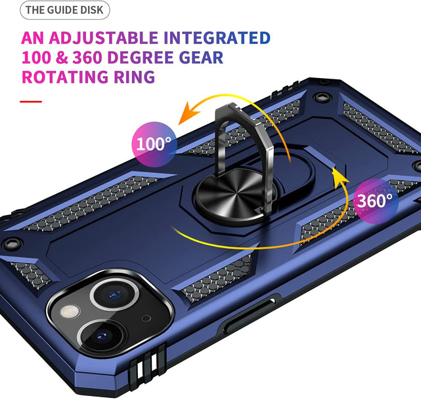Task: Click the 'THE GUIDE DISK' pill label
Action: [x=65, y=10]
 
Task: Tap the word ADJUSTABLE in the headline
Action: [x=103, y=38]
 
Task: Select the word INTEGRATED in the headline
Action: [x=217, y=38]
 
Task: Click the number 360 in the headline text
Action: [x=87, y=57]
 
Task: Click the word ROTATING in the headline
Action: [x=65, y=77]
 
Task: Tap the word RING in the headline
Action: [x=135, y=77]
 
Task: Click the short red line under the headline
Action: [x=31, y=102]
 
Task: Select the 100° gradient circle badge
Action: [x=154, y=144]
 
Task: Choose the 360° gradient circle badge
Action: [x=376, y=201]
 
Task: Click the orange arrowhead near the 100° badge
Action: [x=188, y=113]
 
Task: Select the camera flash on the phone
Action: [x=70, y=311]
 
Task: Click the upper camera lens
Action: [x=115, y=294]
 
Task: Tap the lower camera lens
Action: [x=102, y=335]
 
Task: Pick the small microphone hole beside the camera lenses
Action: [x=146, y=318]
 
